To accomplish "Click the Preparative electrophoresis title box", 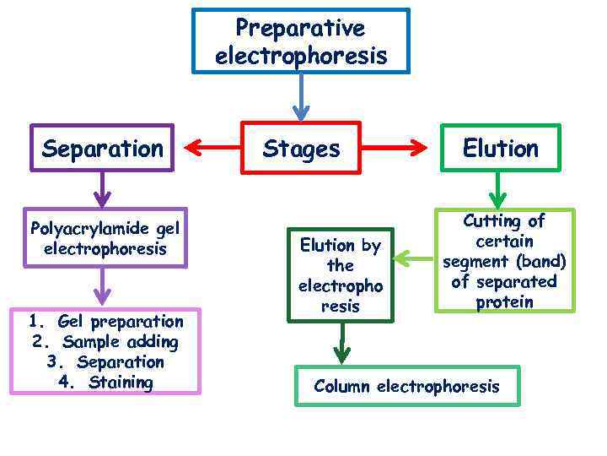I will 301,41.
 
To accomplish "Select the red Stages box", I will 301,149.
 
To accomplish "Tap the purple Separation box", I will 102,149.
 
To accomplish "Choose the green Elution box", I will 500,149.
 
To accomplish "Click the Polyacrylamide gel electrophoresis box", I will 105,238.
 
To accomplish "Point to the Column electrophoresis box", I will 406,386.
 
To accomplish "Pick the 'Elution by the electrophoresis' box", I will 341,275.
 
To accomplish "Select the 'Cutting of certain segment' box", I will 504,261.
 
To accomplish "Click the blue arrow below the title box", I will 301,97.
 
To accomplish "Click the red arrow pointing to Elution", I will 394,149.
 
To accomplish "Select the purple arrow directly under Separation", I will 102,189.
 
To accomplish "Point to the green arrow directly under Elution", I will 499,190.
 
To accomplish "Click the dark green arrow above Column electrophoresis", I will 341,343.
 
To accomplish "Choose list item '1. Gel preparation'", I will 105,321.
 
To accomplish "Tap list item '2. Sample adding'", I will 105,342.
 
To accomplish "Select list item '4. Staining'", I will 105,383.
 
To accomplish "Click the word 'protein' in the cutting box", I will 504,301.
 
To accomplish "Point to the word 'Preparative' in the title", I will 300,28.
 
